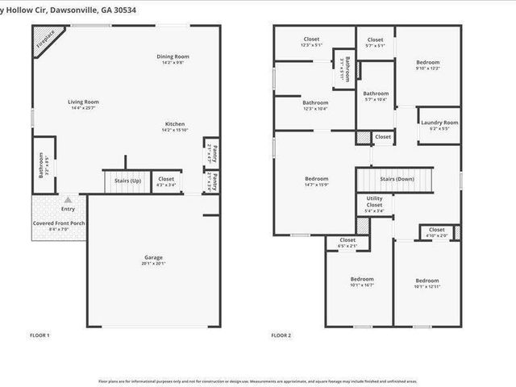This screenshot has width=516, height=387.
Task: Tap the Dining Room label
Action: tap(173, 56)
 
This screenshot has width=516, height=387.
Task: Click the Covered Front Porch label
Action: tap(59, 223)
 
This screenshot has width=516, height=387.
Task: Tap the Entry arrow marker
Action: tap(69, 198)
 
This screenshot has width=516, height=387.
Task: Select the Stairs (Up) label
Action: tap(123, 180)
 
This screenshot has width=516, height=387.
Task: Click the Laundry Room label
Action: tap(439, 123)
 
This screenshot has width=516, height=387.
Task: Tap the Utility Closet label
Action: tap(375, 202)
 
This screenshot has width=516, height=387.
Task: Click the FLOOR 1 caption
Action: tap(40, 335)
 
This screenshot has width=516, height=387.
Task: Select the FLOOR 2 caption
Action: tap(281, 335)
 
